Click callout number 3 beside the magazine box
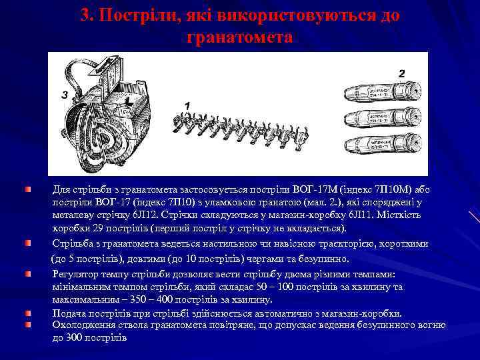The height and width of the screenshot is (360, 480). (x=65, y=95)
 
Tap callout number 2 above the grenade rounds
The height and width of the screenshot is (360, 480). (x=401, y=73)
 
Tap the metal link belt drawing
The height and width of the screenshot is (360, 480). (x=239, y=127)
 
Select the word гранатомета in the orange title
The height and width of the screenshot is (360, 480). (x=239, y=37)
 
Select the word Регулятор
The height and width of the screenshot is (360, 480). (x=75, y=274)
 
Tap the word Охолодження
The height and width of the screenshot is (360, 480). (x=83, y=325)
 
